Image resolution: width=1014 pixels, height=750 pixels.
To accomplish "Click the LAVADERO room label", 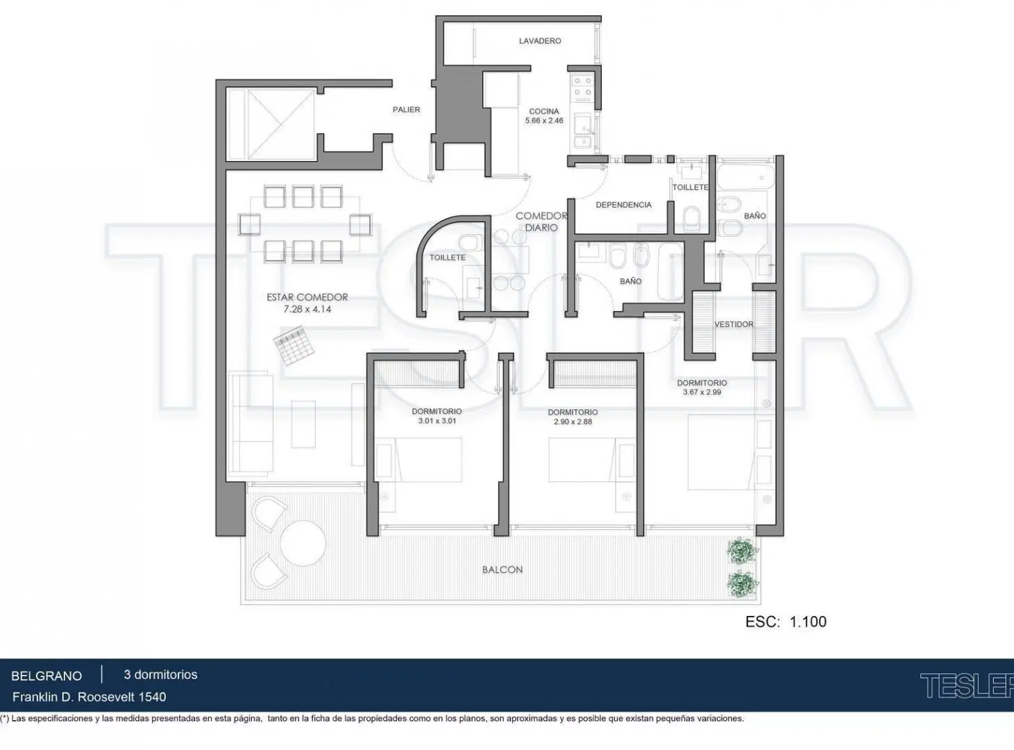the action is tap(540, 41).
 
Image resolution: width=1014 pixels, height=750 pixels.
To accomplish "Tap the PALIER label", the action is tap(406, 109).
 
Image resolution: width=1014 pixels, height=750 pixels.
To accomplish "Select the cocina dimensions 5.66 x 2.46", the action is tap(544, 121).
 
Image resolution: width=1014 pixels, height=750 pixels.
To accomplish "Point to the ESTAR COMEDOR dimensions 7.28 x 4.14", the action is tap(307, 309).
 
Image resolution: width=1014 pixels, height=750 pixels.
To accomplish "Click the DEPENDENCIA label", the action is tap(623, 205).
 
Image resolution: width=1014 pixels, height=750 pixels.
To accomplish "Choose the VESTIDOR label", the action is tap(734, 324).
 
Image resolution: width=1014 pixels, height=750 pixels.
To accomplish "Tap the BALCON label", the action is tap(502, 569).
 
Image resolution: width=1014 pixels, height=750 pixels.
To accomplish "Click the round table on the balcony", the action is tap(303, 543).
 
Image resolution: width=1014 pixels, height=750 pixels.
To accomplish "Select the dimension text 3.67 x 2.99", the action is tap(702, 392).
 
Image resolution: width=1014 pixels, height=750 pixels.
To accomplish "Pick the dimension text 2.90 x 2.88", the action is tap(573, 422).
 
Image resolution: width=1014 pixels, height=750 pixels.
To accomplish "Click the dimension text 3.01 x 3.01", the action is tap(437, 421).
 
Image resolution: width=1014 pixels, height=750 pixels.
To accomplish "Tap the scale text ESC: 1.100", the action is tap(786, 622).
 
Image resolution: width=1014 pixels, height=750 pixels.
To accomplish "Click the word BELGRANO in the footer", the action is tap(47, 676).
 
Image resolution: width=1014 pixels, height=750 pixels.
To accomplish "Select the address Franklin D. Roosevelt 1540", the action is tap(89, 697).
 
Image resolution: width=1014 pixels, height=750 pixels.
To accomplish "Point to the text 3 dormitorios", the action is tap(160, 674).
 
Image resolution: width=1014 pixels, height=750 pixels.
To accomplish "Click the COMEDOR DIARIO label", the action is tap(541, 222).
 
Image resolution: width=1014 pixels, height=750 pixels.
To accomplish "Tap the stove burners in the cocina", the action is tap(583, 89).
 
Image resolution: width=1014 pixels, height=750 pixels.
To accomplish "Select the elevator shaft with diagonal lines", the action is tap(271, 125).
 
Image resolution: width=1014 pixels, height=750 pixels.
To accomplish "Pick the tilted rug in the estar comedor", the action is tap(294, 345).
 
